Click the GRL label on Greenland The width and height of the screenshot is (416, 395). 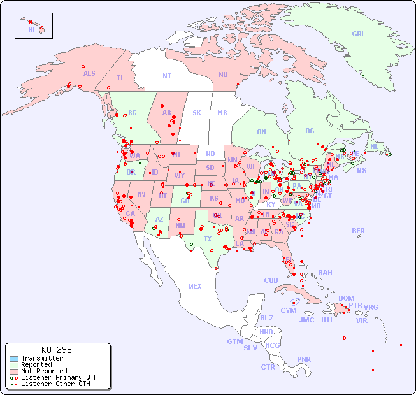click(x=359, y=34)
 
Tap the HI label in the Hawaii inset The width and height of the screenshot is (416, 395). click(x=31, y=30)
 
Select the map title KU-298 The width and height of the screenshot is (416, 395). click(x=56, y=350)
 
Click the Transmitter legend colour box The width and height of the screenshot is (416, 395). click(x=13, y=359)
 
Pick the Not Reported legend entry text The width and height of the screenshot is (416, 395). click(x=43, y=371)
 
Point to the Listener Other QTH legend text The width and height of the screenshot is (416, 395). click(x=55, y=384)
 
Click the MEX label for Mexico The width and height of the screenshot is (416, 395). click(x=195, y=286)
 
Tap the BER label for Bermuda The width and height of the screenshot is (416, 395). click(x=359, y=231)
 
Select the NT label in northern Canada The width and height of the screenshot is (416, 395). click(x=167, y=76)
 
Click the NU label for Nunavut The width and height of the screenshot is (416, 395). click(x=223, y=75)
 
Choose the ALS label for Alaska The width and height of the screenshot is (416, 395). click(x=89, y=73)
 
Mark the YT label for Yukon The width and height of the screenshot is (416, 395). click(x=120, y=77)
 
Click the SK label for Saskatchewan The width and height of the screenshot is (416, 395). click(x=197, y=113)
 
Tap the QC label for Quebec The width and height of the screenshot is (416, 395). click(x=310, y=131)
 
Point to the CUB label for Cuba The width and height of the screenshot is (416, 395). click(x=271, y=280)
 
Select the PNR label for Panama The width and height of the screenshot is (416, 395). click(x=304, y=359)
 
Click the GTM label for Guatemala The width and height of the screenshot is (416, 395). click(x=234, y=341)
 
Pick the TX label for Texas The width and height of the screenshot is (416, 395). click(x=208, y=239)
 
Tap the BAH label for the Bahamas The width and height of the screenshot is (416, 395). click(x=325, y=273)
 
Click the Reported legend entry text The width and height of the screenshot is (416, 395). click(x=36, y=365)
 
